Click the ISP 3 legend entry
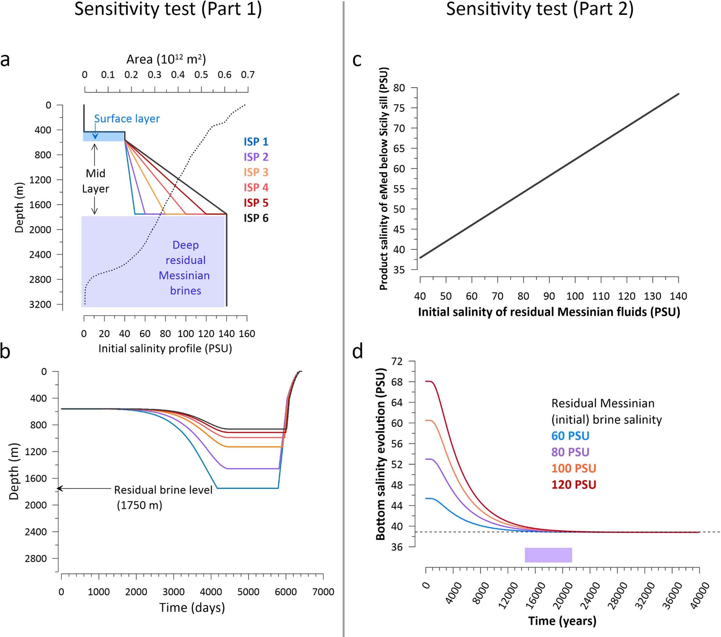pos(256,172)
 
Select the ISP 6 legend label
pos(256,218)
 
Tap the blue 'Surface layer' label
pos(127,119)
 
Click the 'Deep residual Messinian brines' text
pos(185,268)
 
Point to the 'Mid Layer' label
pos(96,181)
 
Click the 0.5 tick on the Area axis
pos(201,75)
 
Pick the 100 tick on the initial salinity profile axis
pos(186,333)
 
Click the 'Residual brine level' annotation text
pos(163,490)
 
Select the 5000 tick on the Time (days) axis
pos(248,591)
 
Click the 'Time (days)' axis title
pos(192,608)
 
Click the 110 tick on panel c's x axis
pos(601,296)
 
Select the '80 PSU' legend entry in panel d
pos(570,452)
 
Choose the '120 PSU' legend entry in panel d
pos(573,485)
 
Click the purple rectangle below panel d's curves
pos(548,555)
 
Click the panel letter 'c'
pos(357,60)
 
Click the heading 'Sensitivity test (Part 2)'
pos(540,9)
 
